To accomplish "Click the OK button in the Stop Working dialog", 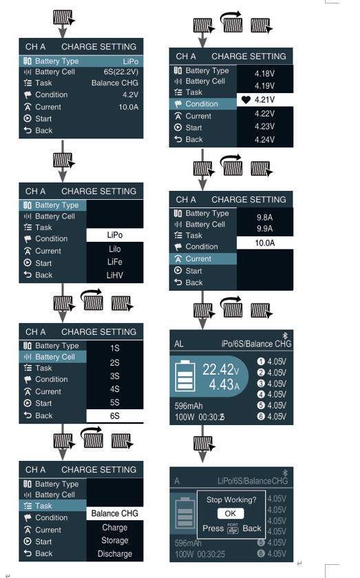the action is pos(231,513).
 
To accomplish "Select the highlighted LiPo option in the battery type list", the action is pos(114,235).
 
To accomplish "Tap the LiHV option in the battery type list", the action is pos(114,276).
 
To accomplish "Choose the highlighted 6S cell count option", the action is pos(114,416).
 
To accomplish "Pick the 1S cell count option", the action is pos(114,349).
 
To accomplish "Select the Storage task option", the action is pos(114,540).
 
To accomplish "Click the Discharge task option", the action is pos(114,554).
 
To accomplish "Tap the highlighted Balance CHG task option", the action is pos(114,513).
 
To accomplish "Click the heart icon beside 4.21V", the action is pos(246,99).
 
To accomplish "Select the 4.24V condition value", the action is pos(264,140).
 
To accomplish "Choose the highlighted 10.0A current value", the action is pos(264,243).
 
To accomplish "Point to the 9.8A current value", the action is pos(264,218).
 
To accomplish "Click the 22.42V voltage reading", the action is pos(221,369).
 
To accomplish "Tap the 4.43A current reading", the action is pos(224,385).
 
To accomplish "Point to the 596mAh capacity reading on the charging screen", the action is pos(189,406).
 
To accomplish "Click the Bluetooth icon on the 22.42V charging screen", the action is pos(285,336).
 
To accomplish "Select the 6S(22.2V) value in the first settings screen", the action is pos(121,72).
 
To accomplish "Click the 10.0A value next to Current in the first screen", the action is pos(128,107).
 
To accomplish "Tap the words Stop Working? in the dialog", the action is pos(231,500).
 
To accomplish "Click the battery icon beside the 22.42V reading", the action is pos(185,375).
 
